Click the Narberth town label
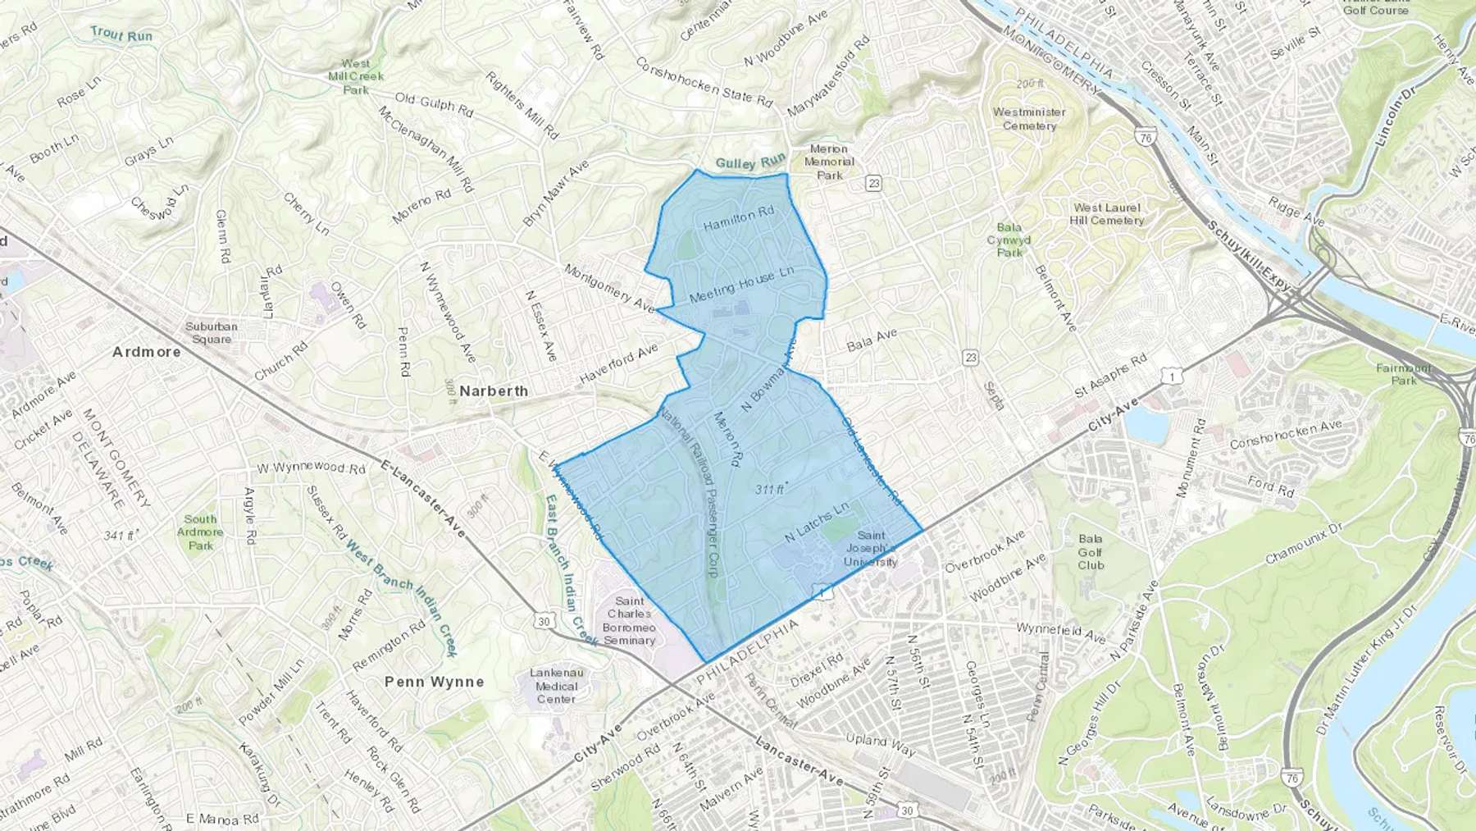[494, 391]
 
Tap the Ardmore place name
[146, 351]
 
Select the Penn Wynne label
[434, 682]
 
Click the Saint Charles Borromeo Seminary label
[629, 621]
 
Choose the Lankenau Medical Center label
[556, 686]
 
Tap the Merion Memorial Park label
[829, 162]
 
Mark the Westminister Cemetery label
[1029, 119]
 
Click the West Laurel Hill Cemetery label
[1106, 214]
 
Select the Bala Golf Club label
[1091, 552]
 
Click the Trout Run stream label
[121, 34]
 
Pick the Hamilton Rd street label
[739, 218]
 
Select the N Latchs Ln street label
[816, 523]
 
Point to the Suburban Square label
[211, 332]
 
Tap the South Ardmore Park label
[200, 532]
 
